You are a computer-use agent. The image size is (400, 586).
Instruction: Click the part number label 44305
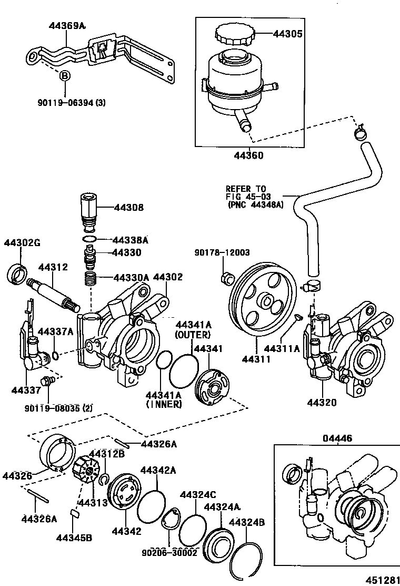(287, 34)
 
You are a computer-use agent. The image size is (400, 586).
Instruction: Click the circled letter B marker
(64, 76)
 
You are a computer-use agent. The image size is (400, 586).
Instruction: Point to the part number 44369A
(67, 25)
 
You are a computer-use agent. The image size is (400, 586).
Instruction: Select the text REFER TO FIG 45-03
(246, 192)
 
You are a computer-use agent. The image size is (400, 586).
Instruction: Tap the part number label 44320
(322, 403)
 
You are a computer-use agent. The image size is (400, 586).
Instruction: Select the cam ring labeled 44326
(54, 451)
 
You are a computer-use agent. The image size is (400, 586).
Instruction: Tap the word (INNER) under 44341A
(163, 405)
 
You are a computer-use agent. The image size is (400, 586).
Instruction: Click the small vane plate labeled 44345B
(74, 513)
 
